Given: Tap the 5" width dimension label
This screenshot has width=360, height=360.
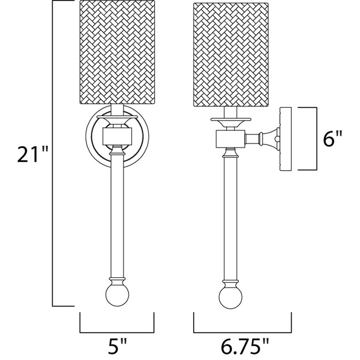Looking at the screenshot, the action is click(x=117, y=347).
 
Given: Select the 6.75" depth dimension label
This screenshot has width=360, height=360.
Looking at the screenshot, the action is click(x=244, y=347).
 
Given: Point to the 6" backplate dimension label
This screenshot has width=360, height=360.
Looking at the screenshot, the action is click(x=332, y=138).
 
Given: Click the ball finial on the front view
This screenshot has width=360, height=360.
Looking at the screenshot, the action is click(x=117, y=294).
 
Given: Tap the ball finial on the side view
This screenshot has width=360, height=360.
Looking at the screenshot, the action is click(x=231, y=298).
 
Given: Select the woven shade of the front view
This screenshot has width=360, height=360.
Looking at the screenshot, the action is click(x=117, y=52).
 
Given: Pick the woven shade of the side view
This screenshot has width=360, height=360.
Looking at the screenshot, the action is click(x=231, y=54).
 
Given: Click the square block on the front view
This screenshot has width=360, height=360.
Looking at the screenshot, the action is click(x=117, y=137).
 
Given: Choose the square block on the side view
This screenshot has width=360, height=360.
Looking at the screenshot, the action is click(x=231, y=139).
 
